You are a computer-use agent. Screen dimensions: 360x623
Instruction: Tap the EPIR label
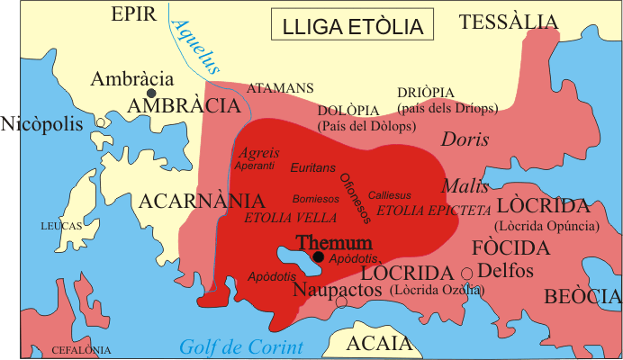(x=133, y=13)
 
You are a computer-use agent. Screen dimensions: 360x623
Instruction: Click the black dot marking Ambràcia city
(x=152, y=93)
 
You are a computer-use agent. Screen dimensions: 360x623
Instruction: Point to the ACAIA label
(x=382, y=343)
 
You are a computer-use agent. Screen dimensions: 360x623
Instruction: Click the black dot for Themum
(x=318, y=256)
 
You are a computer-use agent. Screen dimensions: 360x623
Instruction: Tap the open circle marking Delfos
(x=466, y=274)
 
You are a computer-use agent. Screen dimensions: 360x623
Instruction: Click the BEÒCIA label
(x=581, y=295)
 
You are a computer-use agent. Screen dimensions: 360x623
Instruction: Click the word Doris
(x=465, y=139)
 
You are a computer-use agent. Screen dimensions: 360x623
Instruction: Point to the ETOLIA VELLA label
(x=291, y=218)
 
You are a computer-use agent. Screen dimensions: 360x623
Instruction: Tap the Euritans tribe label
(x=312, y=167)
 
